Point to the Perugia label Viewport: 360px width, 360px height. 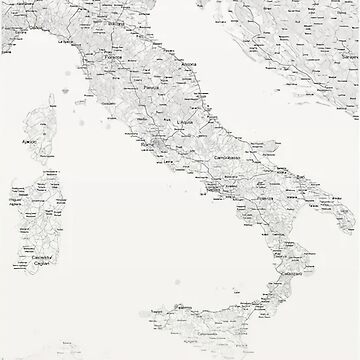click(x=152, y=88)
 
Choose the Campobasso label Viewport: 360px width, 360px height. click(x=222, y=156)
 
